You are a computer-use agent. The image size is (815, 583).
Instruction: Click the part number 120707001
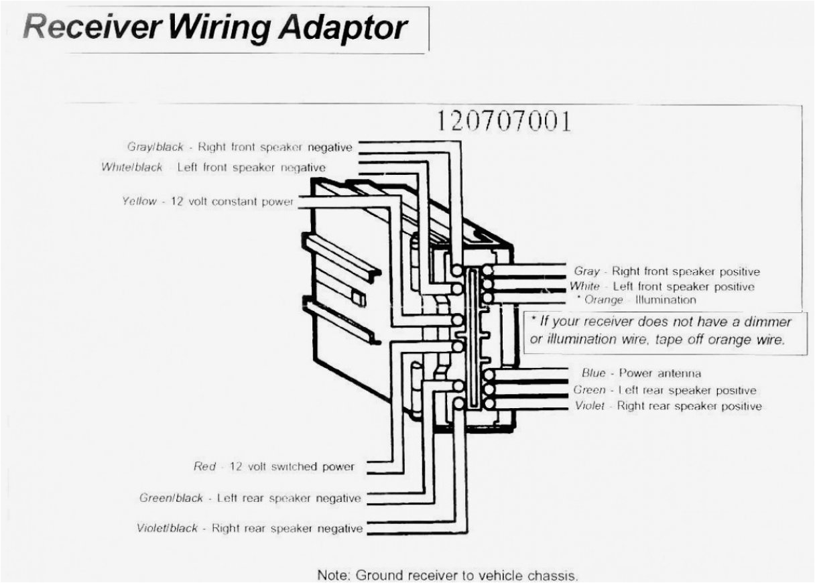[504, 121]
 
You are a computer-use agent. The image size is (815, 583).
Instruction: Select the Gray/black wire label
[155, 147]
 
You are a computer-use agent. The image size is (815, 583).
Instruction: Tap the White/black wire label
[132, 168]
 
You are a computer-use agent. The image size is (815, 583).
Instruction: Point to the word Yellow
[139, 201]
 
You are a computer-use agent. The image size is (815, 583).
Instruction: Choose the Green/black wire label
[171, 499]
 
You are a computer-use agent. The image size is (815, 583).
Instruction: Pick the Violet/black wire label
[167, 528]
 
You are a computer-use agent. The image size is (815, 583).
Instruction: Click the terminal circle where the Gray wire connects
[489, 271]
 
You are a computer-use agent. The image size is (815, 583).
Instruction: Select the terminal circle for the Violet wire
[489, 404]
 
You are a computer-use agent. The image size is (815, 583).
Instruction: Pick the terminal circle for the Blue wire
[489, 375]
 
